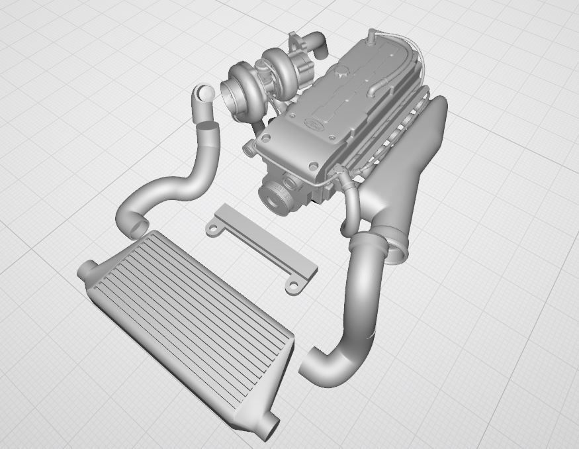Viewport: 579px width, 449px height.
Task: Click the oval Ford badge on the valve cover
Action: coord(311,123)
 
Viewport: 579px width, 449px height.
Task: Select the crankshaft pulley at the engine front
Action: coord(277,197)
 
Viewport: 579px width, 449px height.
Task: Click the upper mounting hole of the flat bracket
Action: coord(213,228)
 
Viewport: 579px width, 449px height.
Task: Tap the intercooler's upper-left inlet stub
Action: coord(87,269)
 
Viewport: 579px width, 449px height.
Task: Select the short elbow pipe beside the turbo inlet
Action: coord(204,97)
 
